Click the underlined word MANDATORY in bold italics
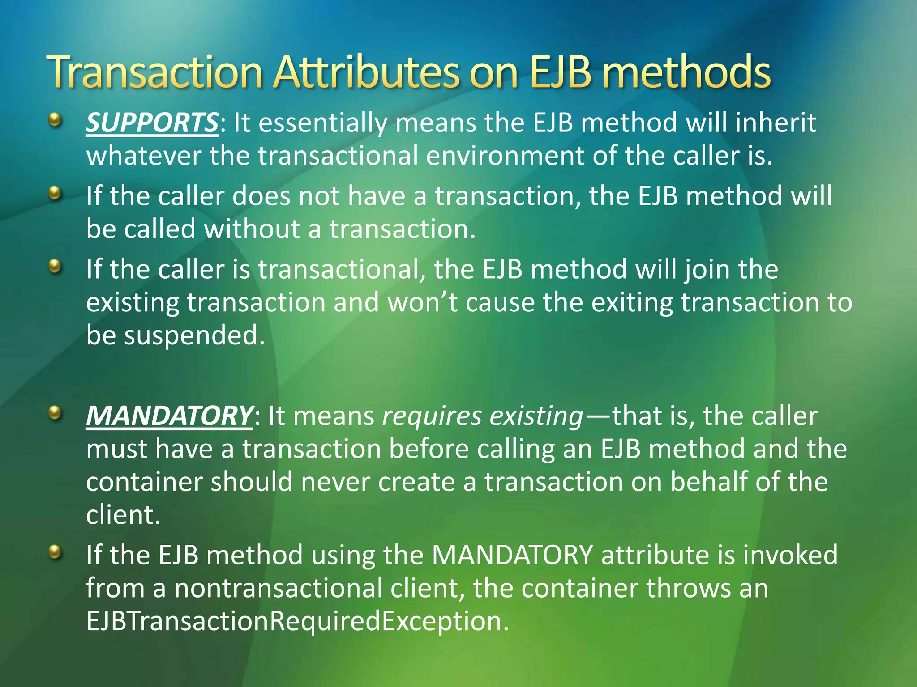(170, 416)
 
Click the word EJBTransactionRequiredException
(298, 621)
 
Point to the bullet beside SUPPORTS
(55, 119)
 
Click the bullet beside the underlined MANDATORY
(55, 412)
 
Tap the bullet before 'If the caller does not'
(55, 193)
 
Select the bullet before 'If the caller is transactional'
(55, 267)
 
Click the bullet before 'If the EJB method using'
(55, 551)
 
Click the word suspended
(194, 335)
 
